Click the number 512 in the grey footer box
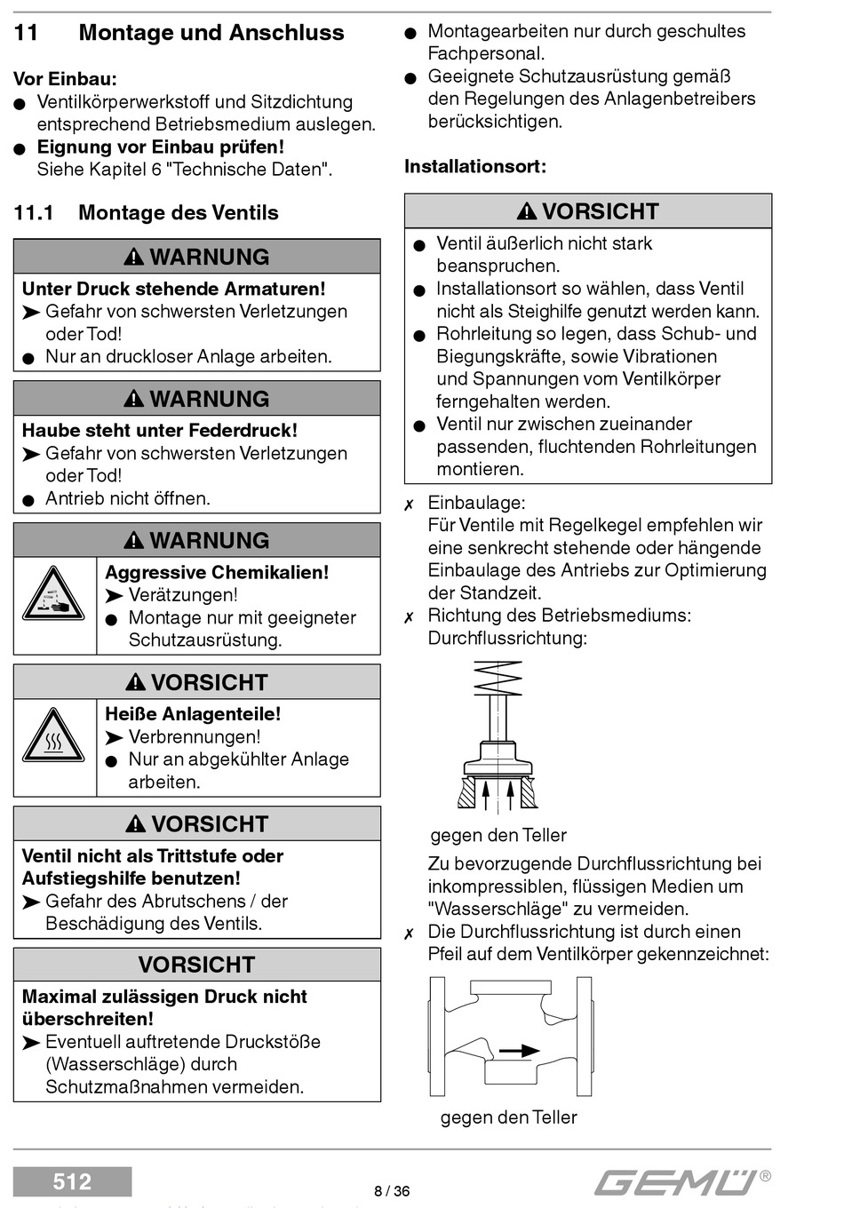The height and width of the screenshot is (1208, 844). [72, 1181]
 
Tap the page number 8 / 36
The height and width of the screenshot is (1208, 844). [392, 1191]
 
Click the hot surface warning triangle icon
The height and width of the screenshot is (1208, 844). [54, 737]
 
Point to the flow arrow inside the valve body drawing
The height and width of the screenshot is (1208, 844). [519, 1051]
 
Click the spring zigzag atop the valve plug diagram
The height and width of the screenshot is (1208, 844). [498, 679]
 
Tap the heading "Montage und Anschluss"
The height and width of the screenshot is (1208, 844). [211, 33]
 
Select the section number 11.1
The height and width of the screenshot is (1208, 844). [34, 213]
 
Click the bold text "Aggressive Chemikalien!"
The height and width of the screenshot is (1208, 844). [217, 573]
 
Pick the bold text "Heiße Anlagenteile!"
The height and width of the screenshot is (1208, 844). [193, 714]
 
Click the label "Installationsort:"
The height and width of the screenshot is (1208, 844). [475, 166]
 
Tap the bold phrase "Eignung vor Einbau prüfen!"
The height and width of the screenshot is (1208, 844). [161, 147]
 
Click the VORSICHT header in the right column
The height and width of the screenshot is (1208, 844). [588, 211]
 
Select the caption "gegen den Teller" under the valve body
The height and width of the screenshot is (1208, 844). [508, 1117]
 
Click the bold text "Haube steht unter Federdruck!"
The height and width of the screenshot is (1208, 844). [160, 431]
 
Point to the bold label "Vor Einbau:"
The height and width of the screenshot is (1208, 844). [65, 79]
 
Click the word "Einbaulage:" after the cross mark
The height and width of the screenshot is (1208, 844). [476, 503]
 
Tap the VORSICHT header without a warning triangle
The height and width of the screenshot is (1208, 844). [196, 965]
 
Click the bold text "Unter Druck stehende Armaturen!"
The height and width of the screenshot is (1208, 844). [173, 289]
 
